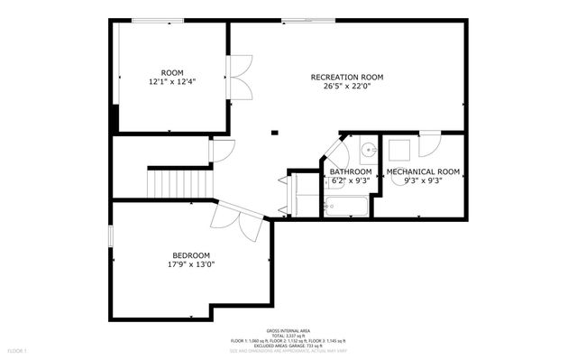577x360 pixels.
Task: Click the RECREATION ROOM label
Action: point(347,77)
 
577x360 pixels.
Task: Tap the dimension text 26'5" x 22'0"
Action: point(347,87)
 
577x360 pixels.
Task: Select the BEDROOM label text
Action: point(191,254)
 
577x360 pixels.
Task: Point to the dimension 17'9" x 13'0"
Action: point(191,264)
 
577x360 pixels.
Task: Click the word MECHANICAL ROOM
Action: point(423,171)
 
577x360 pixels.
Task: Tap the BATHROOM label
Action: point(350,171)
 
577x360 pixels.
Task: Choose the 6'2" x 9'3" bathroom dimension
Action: point(350,180)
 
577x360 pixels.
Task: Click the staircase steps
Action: point(167,184)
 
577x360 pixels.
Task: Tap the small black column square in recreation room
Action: point(275,133)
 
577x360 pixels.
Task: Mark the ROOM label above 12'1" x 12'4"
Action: point(171,72)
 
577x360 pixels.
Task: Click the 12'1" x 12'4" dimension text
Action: point(171,82)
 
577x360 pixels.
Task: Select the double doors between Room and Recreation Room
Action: point(238,78)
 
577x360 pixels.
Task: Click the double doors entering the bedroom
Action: point(236,219)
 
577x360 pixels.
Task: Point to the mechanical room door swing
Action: point(429,142)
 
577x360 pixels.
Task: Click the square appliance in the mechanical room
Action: point(399,148)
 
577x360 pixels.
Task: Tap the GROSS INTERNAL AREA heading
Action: point(287,330)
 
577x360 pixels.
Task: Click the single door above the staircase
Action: point(221,150)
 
